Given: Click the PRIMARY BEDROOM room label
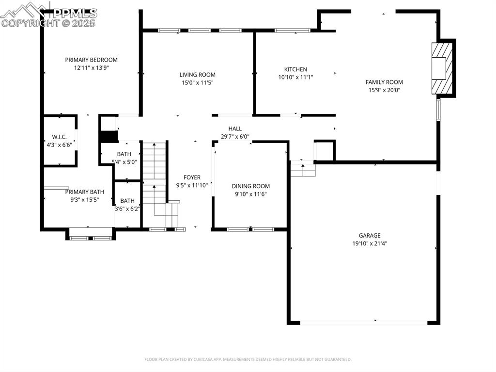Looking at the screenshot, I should (91, 60).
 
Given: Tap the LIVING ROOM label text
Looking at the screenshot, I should (197, 75).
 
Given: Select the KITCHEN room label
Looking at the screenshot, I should (295, 69).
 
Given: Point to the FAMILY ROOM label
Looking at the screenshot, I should (384, 82).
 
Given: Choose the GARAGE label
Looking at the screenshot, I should (369, 236).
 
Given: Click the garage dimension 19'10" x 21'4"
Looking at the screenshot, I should (369, 243).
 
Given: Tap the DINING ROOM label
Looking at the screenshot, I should (250, 186).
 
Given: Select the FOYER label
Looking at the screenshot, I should (192, 177).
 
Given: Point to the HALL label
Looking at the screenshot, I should (235, 129).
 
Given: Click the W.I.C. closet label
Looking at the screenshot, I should (60, 137).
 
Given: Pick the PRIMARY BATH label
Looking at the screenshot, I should (84, 192).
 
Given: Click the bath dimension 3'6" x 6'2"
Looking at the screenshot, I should (127, 209).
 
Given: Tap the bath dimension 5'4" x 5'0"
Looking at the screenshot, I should (124, 162).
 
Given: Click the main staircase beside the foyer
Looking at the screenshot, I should (155, 179).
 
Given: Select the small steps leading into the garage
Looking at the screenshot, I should (303, 170).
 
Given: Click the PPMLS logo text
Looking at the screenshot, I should (73, 14).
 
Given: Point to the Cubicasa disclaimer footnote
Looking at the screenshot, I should (248, 359).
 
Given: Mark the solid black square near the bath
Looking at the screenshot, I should (109, 137).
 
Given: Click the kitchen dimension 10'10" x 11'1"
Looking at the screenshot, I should (295, 77).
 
